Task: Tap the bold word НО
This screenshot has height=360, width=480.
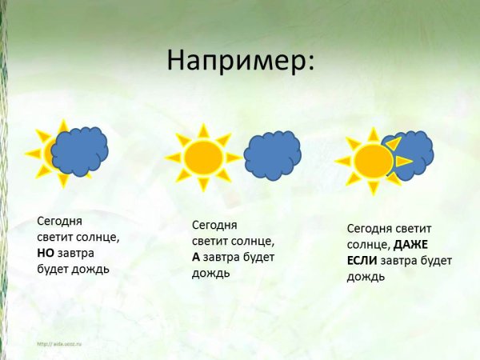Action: click(46, 253)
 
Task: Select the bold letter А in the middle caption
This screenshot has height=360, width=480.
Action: click(196, 258)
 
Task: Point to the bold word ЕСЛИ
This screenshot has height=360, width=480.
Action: click(362, 261)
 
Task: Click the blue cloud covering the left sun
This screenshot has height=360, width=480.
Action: click(80, 150)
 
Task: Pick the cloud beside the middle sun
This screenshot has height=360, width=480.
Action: click(272, 155)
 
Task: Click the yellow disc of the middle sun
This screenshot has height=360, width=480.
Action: click(203, 157)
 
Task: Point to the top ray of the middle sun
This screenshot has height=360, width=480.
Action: click(203, 130)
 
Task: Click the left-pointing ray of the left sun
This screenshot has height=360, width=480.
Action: click(33, 153)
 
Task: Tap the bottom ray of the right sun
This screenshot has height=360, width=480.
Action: click(373, 188)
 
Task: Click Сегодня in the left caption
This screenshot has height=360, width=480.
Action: click(60, 220)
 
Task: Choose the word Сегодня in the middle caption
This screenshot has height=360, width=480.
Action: click(215, 225)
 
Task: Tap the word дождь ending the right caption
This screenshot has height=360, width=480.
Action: click(366, 277)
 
